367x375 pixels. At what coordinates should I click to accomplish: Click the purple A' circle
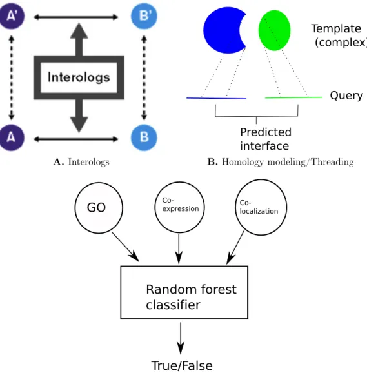pyautogui.click(x=12, y=16)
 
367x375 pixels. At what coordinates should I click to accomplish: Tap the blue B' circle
pyautogui.click(x=144, y=16)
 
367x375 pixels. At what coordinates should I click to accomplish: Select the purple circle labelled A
pyautogui.click(x=12, y=137)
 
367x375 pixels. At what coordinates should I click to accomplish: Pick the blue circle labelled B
pyautogui.click(x=144, y=137)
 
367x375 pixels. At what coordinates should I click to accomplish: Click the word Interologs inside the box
pyautogui.click(x=79, y=77)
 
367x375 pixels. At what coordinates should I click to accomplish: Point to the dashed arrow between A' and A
pyautogui.click(x=12, y=77)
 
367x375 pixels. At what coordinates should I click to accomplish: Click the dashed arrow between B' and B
pyautogui.click(x=144, y=77)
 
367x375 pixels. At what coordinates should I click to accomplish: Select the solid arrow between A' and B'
pyautogui.click(x=76, y=17)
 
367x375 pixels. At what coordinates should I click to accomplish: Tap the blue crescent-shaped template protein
pyautogui.click(x=223, y=30)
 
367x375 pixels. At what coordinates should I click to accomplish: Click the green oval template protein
pyautogui.click(x=274, y=30)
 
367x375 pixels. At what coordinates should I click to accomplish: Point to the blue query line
pyautogui.click(x=216, y=98)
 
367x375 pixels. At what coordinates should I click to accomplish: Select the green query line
pyautogui.click(x=293, y=97)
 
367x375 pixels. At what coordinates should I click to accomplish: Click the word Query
pyautogui.click(x=346, y=96)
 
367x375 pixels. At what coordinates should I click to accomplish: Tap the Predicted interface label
pyautogui.click(x=266, y=139)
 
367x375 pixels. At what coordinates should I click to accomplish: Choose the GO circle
pyautogui.click(x=99, y=208)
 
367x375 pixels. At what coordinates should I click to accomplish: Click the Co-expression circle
pyautogui.click(x=180, y=207)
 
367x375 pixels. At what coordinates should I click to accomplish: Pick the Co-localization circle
pyautogui.click(x=261, y=207)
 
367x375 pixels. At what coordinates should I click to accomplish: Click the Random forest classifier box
pyautogui.click(x=184, y=292)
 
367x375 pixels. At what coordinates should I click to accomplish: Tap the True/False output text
pyautogui.click(x=182, y=366)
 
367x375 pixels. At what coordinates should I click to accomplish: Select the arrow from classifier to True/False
pyautogui.click(x=181, y=338)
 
